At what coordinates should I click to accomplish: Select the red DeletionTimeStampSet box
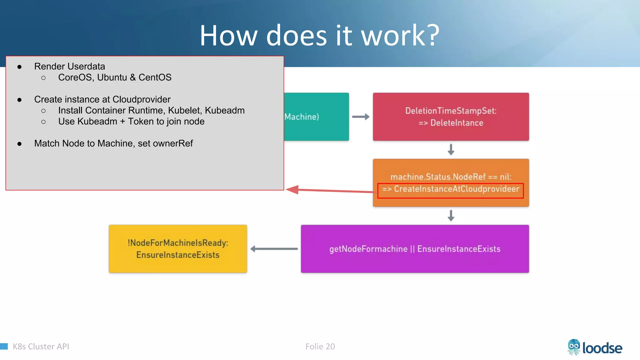pos(451,117)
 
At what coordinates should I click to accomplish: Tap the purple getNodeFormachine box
pos(415,249)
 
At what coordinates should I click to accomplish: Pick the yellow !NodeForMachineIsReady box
pos(178,249)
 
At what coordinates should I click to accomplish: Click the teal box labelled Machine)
pos(316,117)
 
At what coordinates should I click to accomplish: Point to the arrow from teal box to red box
pos(361,117)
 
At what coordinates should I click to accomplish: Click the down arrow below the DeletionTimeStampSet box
pos(451,149)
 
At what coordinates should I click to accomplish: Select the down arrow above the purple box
pos(451,216)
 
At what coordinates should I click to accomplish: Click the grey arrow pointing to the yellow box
pos(274,249)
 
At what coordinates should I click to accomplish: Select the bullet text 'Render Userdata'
pos(69,66)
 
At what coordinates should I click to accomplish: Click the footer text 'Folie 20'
pos(320,347)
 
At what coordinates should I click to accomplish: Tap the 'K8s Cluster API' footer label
pos(41,347)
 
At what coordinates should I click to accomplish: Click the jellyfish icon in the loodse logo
pos(574,347)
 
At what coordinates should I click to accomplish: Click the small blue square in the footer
pos(4,346)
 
